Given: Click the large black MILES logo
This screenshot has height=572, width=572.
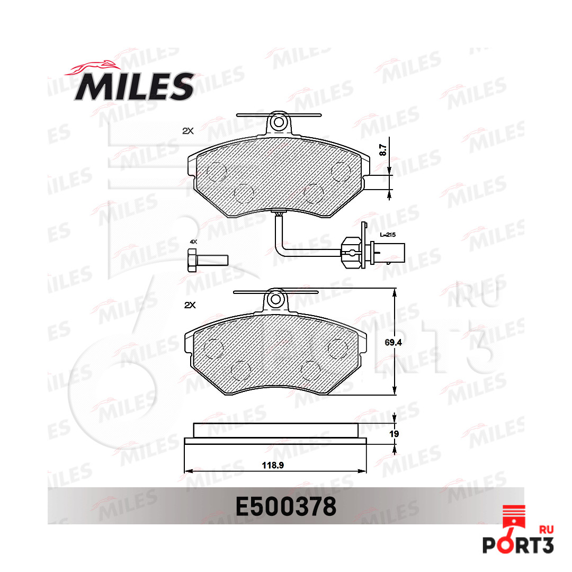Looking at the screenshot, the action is pyautogui.click(x=134, y=86).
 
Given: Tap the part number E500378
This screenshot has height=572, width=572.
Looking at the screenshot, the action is pyautogui.click(x=285, y=507).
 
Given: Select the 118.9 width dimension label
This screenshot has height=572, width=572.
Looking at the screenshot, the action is pyautogui.click(x=273, y=465).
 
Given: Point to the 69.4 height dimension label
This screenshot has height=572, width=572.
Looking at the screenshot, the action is pyautogui.click(x=393, y=342).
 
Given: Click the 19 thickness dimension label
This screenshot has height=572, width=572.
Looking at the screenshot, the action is pyautogui.click(x=394, y=434).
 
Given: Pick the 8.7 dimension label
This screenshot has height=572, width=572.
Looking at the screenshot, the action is pyautogui.click(x=382, y=150).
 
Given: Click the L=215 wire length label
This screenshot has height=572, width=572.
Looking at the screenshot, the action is pyautogui.click(x=388, y=235).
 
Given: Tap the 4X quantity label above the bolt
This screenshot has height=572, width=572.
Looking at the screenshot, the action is pyautogui.click(x=193, y=242).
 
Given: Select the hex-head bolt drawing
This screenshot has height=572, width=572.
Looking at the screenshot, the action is pyautogui.click(x=208, y=261).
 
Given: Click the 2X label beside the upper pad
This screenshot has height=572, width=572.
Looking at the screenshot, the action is pyautogui.click(x=188, y=131).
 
